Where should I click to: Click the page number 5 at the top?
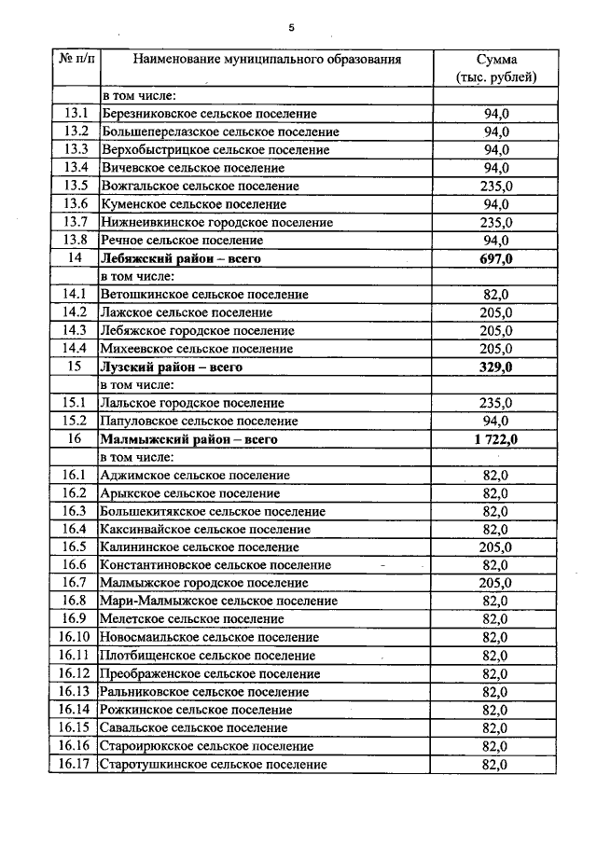click(x=291, y=28)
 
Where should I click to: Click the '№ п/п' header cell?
click(x=76, y=60)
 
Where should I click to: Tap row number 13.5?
click(x=76, y=186)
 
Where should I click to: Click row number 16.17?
click(x=76, y=765)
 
